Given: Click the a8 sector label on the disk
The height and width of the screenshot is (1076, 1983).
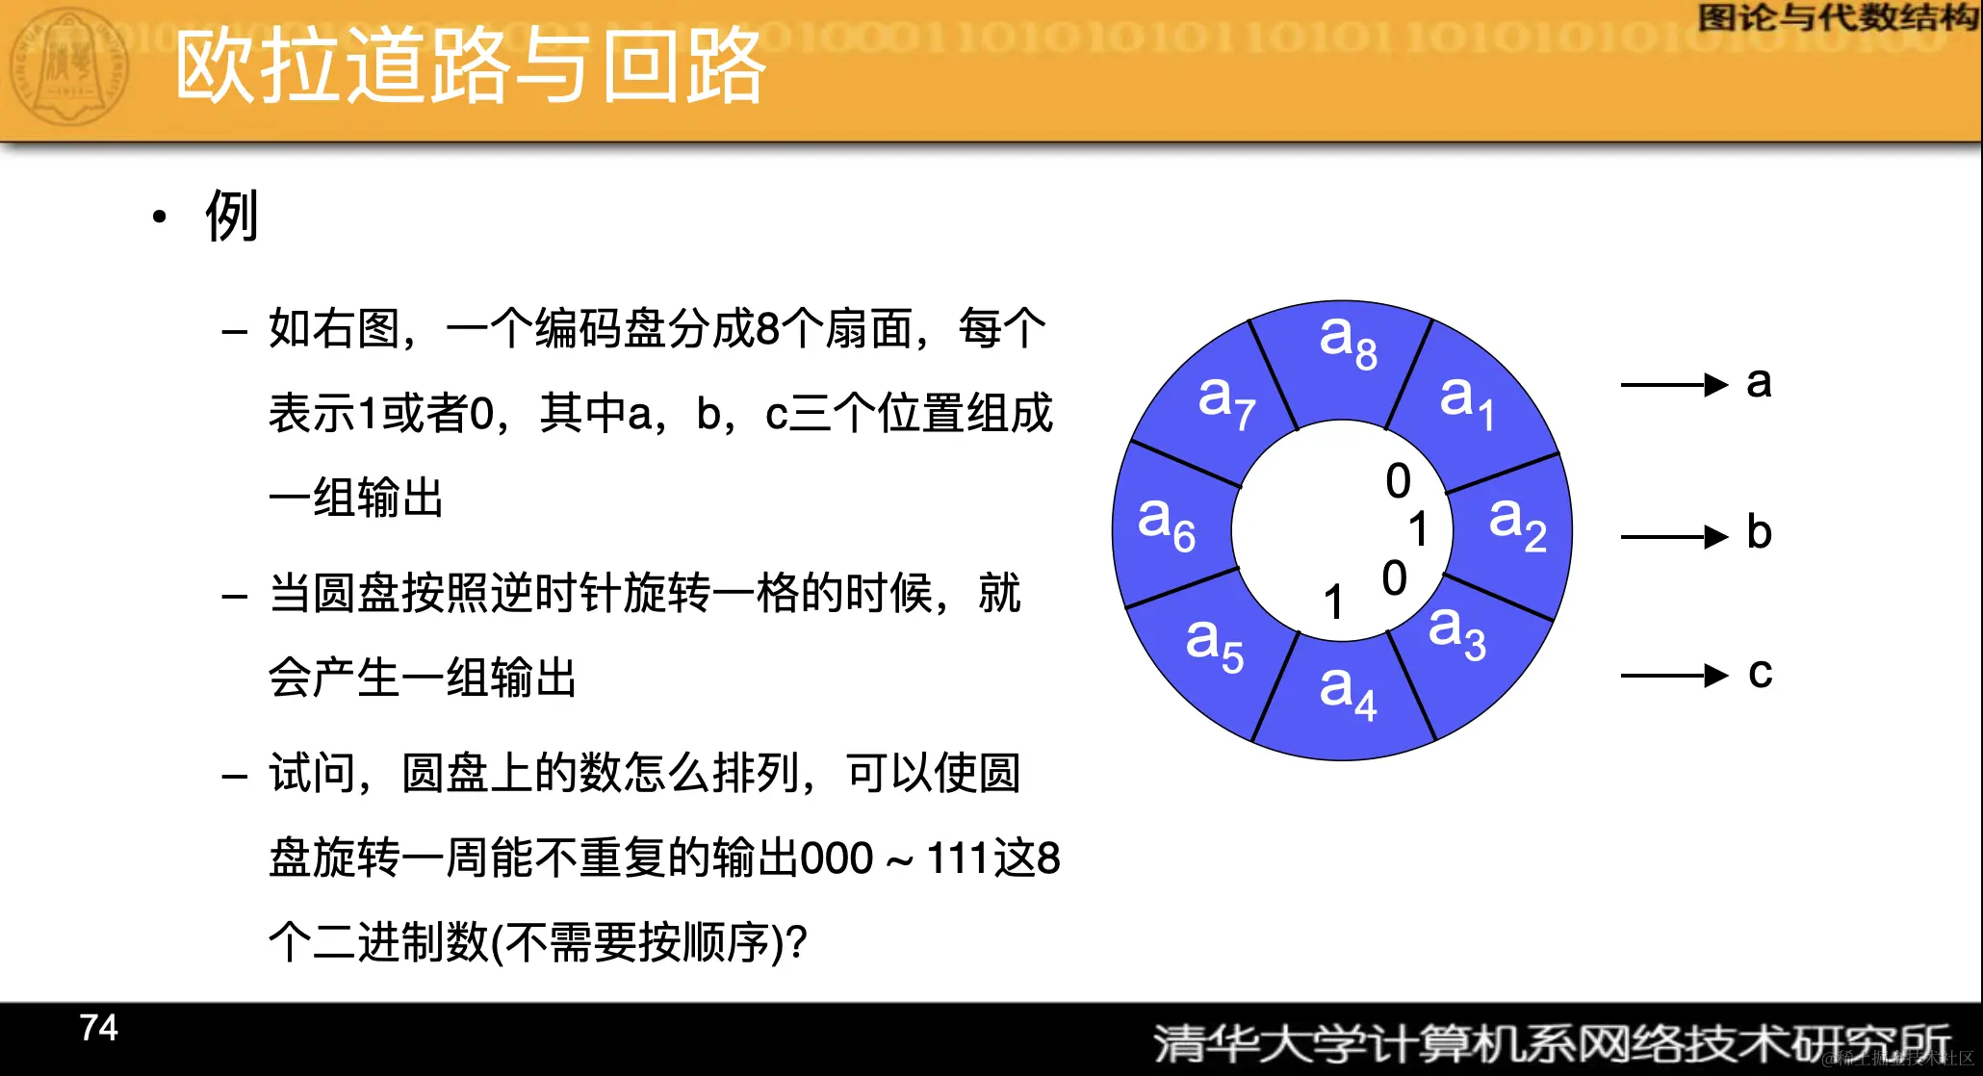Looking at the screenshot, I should (1348, 342).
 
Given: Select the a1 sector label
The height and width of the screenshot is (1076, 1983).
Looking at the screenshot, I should (1466, 400).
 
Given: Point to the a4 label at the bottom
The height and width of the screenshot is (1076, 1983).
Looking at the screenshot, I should (1348, 691).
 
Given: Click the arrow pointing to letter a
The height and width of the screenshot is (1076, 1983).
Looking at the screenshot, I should (1674, 385).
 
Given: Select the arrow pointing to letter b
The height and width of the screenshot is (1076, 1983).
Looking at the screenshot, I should (1674, 536).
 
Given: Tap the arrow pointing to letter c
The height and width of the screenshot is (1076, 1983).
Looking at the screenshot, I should (1674, 675).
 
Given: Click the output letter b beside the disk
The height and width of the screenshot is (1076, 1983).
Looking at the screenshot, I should (1759, 532).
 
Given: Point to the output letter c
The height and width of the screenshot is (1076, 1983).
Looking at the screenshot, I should (1760, 673).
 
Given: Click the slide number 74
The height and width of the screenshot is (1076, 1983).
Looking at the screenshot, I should (98, 1028).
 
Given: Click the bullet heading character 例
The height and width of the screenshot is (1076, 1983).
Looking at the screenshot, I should (232, 217).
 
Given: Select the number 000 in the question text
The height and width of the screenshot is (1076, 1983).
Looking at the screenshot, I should (837, 858).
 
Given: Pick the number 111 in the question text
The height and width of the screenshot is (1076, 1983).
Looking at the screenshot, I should (957, 858).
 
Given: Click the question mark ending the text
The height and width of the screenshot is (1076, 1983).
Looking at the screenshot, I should (796, 942).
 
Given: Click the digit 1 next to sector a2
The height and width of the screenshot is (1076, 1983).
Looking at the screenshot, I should (1418, 529).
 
